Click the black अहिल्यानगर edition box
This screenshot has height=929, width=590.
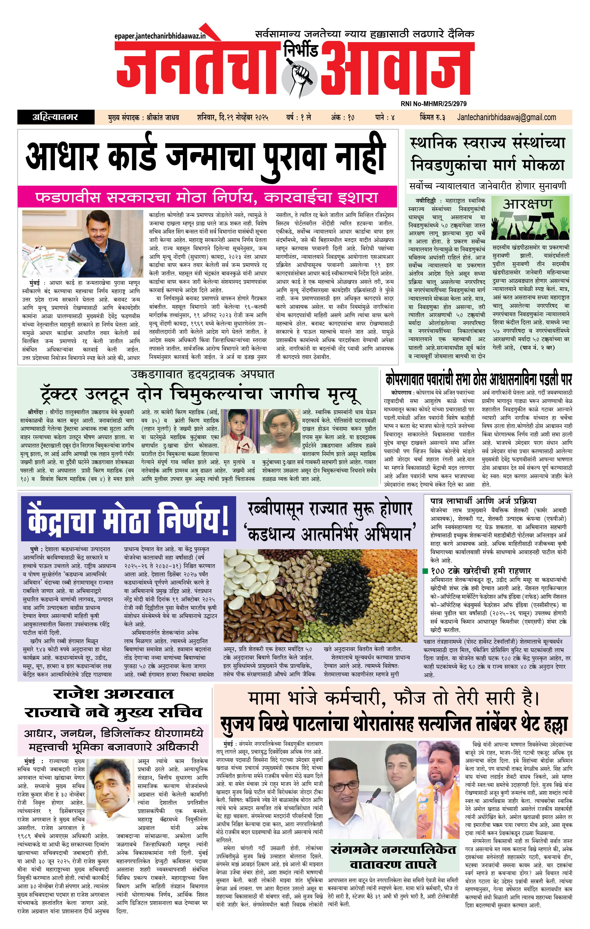[56, 117]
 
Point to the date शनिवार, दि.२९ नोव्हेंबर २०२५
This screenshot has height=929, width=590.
[232, 117]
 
